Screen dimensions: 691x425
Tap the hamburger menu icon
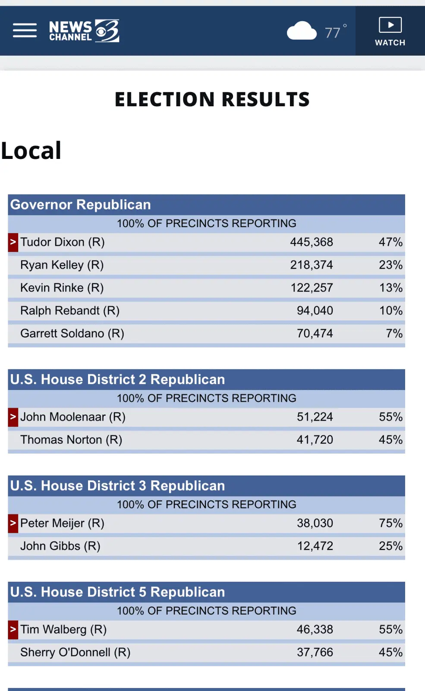click(x=25, y=31)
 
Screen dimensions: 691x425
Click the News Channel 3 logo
click(x=84, y=31)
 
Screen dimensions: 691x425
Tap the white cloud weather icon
click(x=302, y=31)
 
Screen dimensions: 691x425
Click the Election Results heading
click(x=212, y=99)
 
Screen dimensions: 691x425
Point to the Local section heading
click(x=31, y=151)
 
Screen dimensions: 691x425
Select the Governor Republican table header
click(x=81, y=205)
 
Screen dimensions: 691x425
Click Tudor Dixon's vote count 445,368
click(x=311, y=242)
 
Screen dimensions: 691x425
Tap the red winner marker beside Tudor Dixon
click(x=13, y=242)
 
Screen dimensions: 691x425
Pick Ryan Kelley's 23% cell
click(x=390, y=265)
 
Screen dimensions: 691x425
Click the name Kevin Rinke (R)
click(x=62, y=288)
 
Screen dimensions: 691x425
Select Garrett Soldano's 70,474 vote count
click(x=315, y=334)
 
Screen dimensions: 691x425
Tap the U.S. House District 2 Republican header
click(x=117, y=380)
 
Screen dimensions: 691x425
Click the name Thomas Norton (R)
click(x=71, y=440)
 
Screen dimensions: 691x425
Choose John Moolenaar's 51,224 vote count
click(x=315, y=417)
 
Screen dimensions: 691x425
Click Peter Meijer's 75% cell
click(x=390, y=523)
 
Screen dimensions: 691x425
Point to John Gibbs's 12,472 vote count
click(x=315, y=546)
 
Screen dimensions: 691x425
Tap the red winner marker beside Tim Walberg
click(x=13, y=630)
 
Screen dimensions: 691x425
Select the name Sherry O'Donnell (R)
click(x=76, y=653)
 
